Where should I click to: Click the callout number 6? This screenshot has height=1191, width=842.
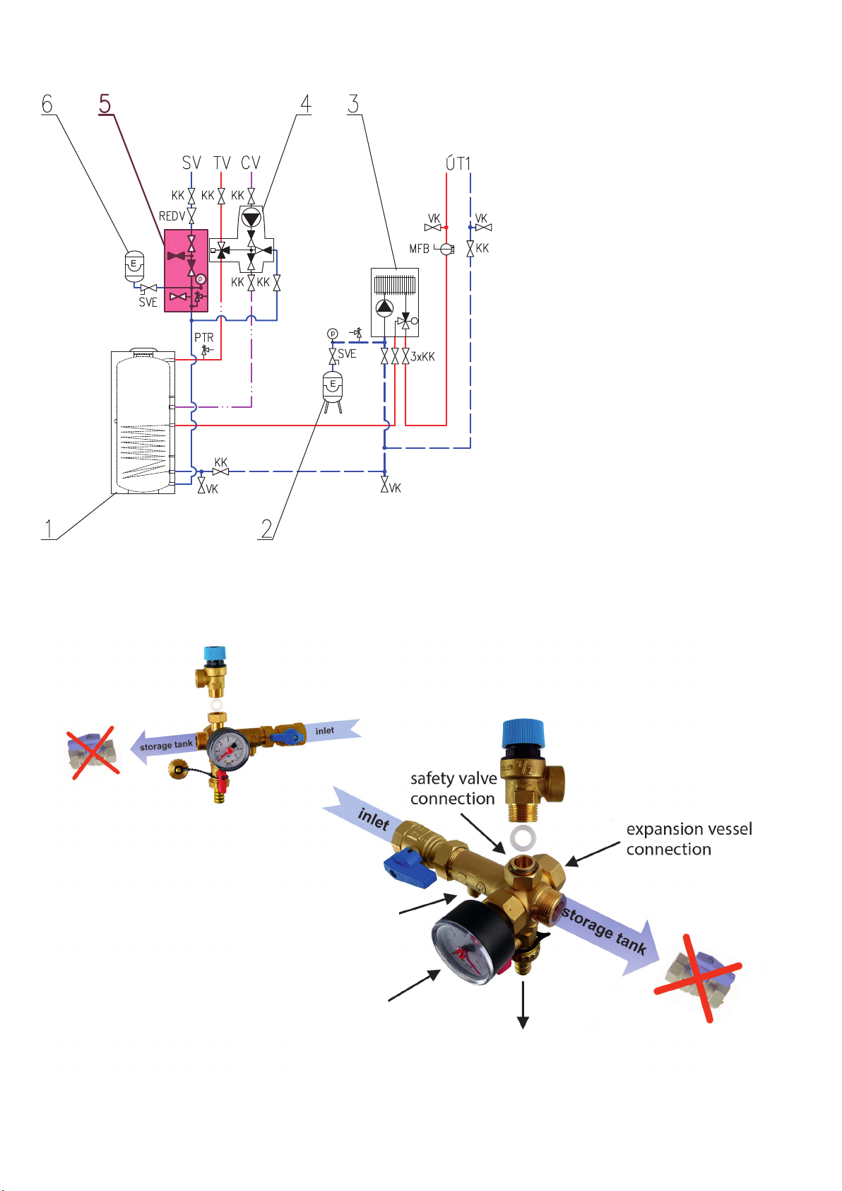[47, 104]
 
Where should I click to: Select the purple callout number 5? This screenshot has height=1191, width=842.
[105, 104]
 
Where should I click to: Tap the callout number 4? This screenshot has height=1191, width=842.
[305, 104]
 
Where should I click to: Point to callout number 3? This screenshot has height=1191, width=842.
[353, 104]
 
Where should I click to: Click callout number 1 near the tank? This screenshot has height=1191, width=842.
[48, 528]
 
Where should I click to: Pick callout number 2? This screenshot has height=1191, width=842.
[266, 528]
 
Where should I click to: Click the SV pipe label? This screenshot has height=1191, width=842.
[191, 163]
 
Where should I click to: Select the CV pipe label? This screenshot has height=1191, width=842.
[251, 163]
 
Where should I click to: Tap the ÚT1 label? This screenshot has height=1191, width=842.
[458, 163]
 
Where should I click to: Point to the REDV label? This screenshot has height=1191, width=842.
[172, 216]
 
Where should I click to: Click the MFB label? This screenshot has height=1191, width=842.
[419, 249]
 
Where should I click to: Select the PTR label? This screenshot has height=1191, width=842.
[204, 338]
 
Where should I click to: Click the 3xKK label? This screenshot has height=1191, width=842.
[422, 357]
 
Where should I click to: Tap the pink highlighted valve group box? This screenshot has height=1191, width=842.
[186, 271]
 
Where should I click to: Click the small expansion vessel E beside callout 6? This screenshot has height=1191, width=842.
[134, 265]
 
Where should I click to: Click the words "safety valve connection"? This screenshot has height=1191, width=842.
[453, 788]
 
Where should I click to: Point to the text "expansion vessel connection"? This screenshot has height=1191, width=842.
[689, 839]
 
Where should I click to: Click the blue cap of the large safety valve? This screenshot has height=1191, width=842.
[523, 734]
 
